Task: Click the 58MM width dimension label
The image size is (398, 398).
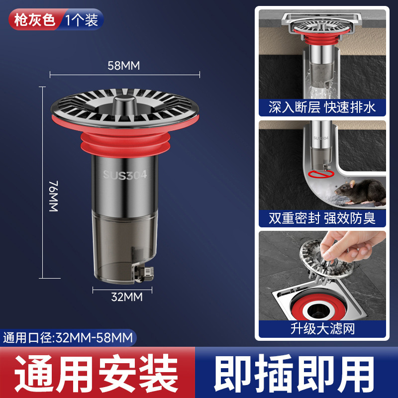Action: [124, 65]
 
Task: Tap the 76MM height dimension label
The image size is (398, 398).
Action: [54, 197]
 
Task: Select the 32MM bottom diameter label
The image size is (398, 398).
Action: [126, 297]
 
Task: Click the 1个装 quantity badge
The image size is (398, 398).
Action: [81, 20]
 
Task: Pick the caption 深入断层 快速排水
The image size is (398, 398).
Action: [322, 107]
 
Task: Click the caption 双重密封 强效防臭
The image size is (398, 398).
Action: [322, 218]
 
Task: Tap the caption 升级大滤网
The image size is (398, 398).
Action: [322, 328]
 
